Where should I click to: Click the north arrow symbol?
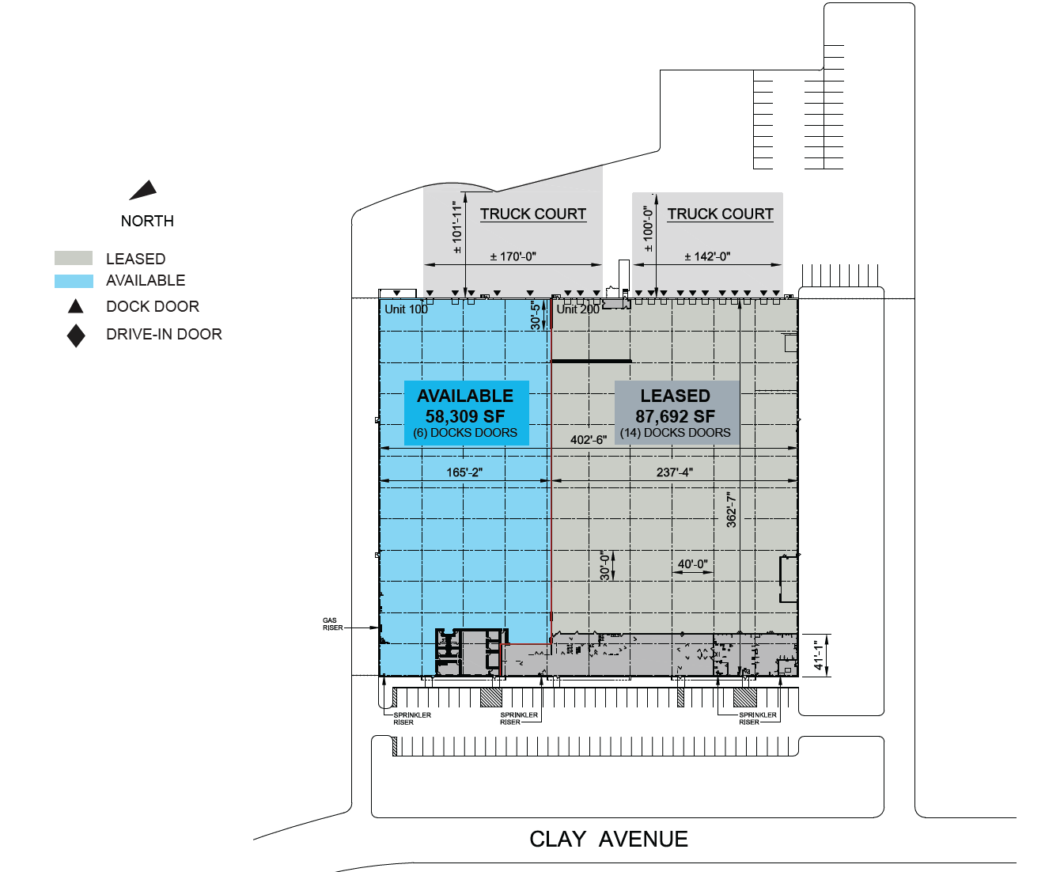(144, 190)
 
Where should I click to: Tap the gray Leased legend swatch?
(74, 258)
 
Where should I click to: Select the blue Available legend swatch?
(74, 281)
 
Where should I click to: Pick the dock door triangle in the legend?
(76, 306)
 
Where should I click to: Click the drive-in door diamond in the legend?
(76, 336)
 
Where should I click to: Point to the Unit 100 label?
(406, 309)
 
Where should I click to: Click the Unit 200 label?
(577, 309)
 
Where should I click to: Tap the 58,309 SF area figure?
(465, 416)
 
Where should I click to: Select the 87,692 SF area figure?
(675, 416)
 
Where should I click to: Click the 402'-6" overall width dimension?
(589, 440)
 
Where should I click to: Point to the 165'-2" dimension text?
(464, 472)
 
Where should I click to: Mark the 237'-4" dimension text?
(675, 472)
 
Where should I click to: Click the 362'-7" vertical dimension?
(731, 510)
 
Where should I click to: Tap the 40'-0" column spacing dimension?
(692, 563)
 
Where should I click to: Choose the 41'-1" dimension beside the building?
(818, 655)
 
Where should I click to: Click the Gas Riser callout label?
(332, 624)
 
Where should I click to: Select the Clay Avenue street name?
(608, 840)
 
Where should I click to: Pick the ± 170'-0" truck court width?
(513, 257)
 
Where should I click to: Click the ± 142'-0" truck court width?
(707, 257)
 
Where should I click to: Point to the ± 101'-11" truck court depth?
(457, 228)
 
